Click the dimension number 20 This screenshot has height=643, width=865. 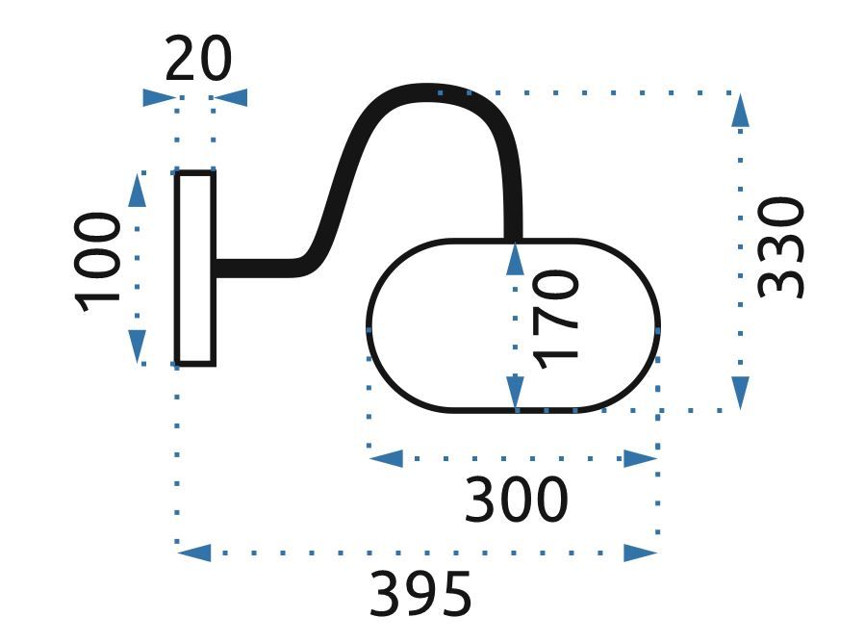199,60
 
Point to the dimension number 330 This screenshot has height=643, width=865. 779,247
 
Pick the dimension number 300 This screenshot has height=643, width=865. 517,501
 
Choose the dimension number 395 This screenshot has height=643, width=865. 420,594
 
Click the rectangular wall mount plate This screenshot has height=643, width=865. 195,269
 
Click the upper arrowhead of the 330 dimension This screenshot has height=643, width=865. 739,110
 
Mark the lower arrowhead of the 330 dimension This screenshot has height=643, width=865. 739,393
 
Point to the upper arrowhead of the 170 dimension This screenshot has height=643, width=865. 515,259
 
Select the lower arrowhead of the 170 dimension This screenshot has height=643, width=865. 515,393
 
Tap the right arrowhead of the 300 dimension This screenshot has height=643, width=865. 640,458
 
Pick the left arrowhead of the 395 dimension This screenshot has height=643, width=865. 195,553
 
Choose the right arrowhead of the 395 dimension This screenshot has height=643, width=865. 640,553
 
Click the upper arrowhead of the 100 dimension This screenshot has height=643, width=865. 137,191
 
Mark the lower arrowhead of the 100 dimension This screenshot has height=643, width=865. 137,346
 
